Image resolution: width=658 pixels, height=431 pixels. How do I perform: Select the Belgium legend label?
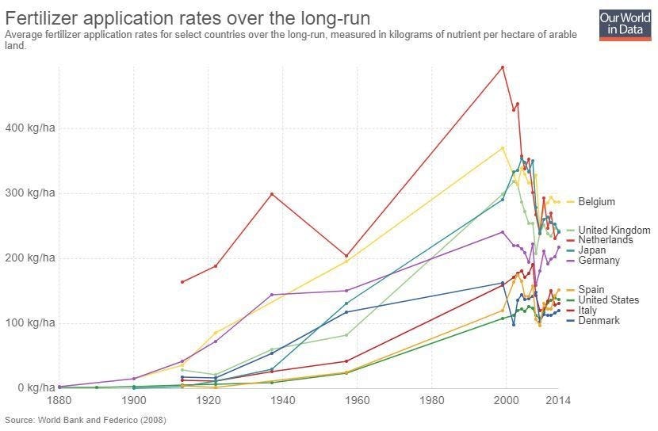596,202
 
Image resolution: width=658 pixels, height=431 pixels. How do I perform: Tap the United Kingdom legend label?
614,231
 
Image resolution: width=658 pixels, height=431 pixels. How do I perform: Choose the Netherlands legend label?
606,240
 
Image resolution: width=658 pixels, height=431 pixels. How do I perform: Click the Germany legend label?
599,261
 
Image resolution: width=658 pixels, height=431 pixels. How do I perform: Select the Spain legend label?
591,290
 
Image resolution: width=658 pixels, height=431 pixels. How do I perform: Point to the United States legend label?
608,300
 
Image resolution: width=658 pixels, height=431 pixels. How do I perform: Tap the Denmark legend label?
599,321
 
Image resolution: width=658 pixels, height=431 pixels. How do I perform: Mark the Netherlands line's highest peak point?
503,67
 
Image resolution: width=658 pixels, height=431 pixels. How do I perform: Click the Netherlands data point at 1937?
272,194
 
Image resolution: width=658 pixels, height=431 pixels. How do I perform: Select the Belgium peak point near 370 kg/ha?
503,148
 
